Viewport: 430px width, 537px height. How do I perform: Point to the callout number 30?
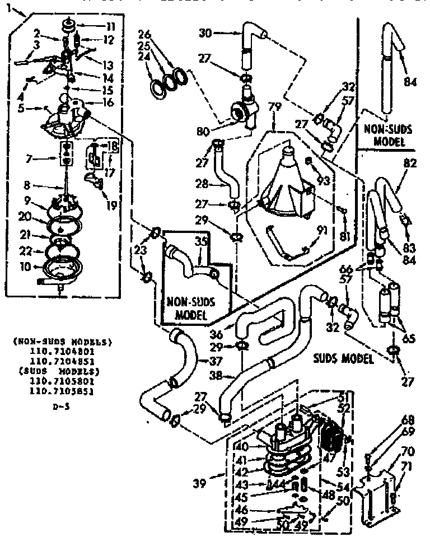(205, 33)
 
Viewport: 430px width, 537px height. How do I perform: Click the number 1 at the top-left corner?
(6, 10)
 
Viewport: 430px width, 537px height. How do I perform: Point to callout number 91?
(320, 228)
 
